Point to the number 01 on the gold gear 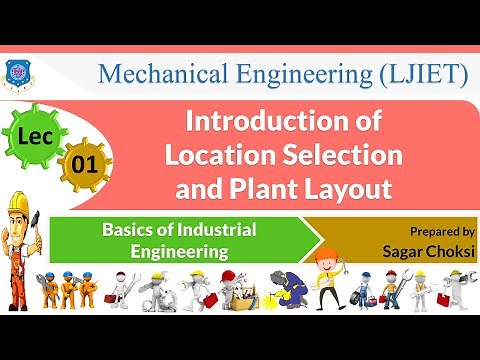85,163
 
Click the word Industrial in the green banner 213,229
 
